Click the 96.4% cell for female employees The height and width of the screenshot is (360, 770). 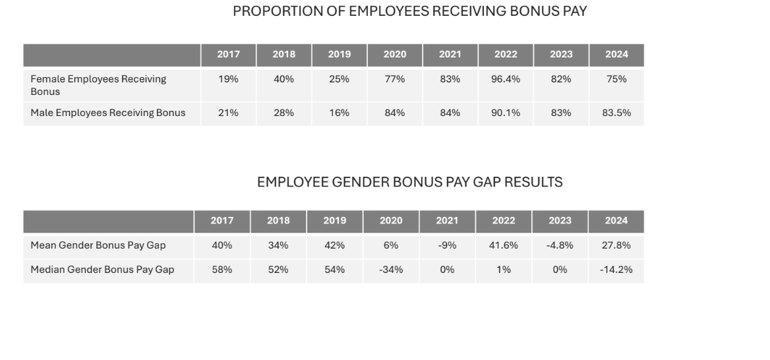[505, 79]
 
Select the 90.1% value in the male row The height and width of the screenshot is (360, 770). [505, 113]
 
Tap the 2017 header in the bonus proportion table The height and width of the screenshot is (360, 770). [228, 55]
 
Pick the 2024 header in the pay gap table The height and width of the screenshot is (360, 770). [616, 221]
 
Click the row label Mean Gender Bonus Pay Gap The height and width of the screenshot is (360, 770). [98, 245]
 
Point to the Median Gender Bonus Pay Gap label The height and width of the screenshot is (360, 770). [102, 270]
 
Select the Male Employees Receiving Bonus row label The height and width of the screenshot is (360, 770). [107, 113]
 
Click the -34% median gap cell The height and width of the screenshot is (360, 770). [391, 270]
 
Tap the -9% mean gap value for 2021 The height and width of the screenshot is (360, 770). [446, 245]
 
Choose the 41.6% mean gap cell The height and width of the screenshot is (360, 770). [503, 245]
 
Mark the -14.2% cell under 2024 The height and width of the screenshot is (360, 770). [616, 270]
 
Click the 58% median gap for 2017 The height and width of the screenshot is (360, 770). [222, 270]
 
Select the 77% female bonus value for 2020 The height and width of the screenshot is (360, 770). [394, 79]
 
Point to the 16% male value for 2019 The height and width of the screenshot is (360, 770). [339, 113]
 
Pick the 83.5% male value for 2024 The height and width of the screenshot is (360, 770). [616, 113]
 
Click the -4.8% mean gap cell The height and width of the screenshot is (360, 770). [559, 245]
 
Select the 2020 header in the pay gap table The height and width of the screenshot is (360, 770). [390, 221]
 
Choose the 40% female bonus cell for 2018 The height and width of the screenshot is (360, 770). [283, 79]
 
